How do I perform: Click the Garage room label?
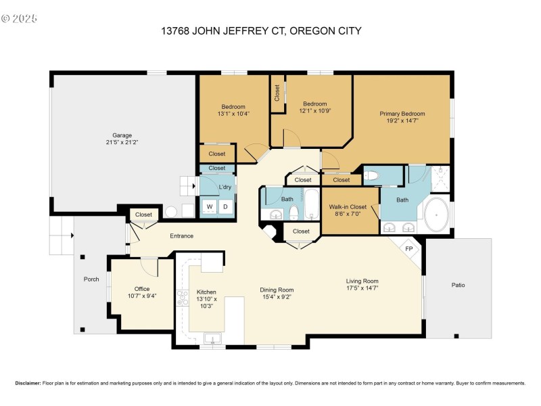coord(122,135)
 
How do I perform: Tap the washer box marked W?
coord(210,206)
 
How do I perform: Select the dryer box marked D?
coord(225,206)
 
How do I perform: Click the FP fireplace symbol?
coord(408,248)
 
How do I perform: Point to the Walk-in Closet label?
coord(348,206)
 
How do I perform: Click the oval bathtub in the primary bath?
coord(436,216)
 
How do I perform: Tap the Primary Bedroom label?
coord(402,114)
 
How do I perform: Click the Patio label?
coord(458,285)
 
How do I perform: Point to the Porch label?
coord(91,279)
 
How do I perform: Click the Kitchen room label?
coord(206,292)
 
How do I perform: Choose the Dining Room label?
coord(277,290)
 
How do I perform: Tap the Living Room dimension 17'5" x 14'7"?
coord(361,288)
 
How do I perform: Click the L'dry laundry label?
coord(225,186)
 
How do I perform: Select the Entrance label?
coord(181,235)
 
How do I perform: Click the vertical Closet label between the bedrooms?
coord(277,93)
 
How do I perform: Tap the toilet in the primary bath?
coord(371,176)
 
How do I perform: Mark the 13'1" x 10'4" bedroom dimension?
coord(233,114)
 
